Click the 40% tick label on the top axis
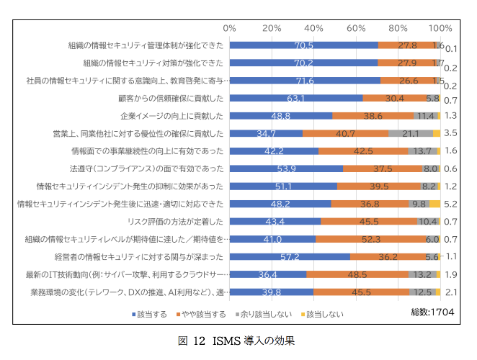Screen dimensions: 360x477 [x=314, y=27]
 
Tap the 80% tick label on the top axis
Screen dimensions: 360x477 [x=398, y=27]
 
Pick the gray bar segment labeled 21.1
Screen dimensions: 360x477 [x=411, y=133]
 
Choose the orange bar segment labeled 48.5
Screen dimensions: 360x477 [x=357, y=274]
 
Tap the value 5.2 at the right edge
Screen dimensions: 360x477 [x=452, y=204]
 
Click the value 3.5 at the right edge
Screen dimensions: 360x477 [x=452, y=133]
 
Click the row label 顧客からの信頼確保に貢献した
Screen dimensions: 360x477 [x=171, y=98]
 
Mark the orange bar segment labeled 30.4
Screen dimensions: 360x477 [x=394, y=98]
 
